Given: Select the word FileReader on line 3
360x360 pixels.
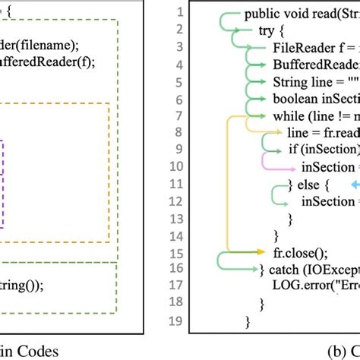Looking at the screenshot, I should click(300, 48).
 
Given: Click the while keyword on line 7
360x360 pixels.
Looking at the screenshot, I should click(289, 116).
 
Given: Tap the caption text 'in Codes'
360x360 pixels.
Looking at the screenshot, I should click(34, 350).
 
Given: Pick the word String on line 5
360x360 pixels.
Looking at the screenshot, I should click(289, 82).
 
